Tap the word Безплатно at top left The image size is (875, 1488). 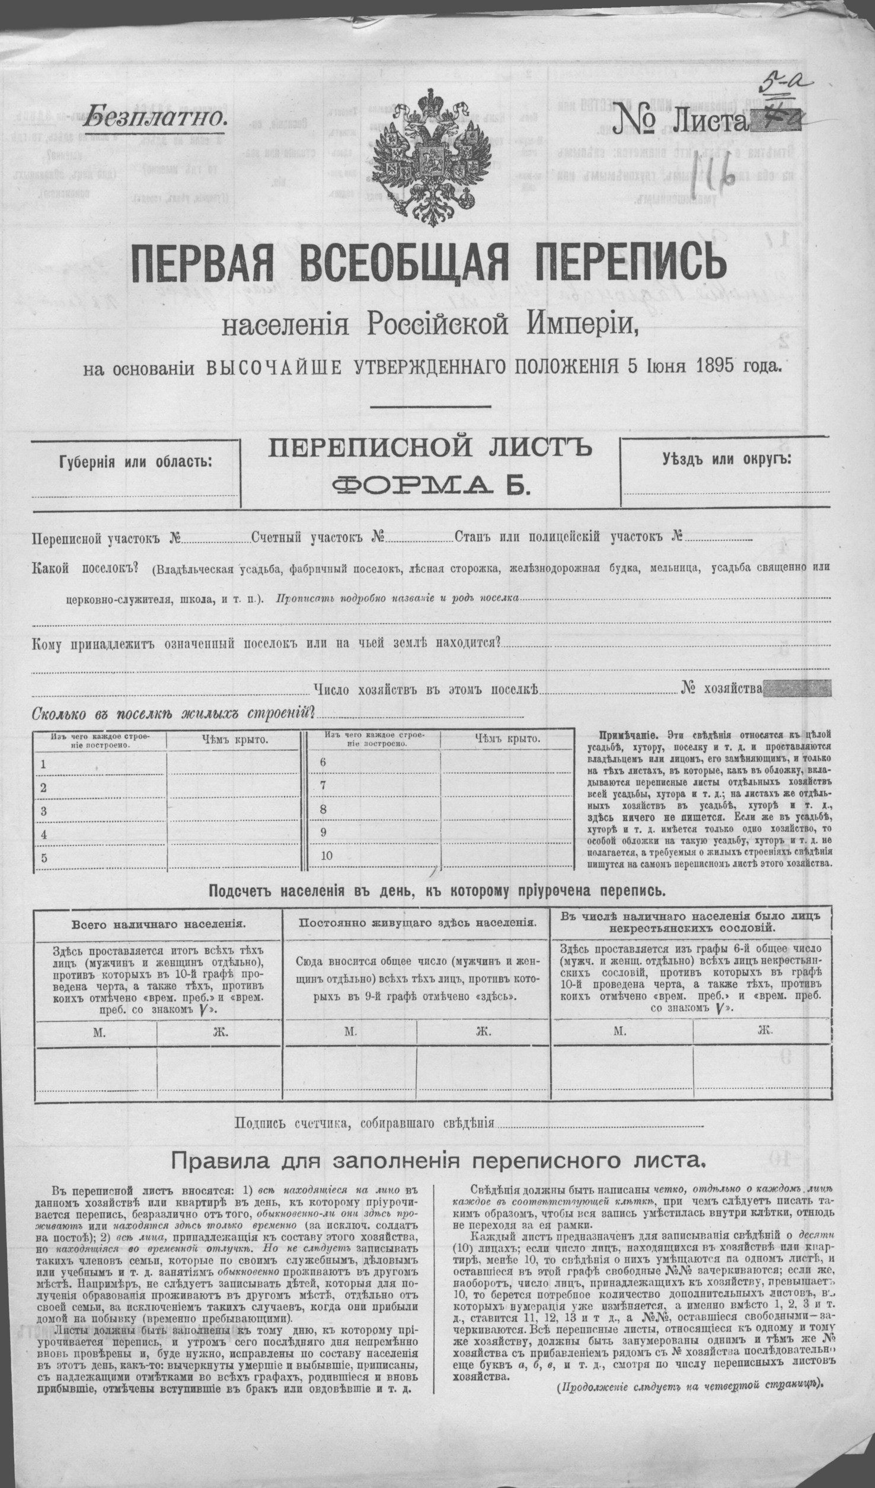click(156, 118)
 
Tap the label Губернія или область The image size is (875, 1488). click(135, 462)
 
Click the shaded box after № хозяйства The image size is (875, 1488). click(798, 689)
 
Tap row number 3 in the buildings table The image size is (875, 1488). click(43, 811)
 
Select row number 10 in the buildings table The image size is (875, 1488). click(326, 856)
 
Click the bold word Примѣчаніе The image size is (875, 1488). click(621, 734)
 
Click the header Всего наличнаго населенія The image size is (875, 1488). click(158, 923)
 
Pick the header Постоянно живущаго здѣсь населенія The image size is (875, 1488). click(418, 923)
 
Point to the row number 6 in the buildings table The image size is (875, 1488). click(323, 762)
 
